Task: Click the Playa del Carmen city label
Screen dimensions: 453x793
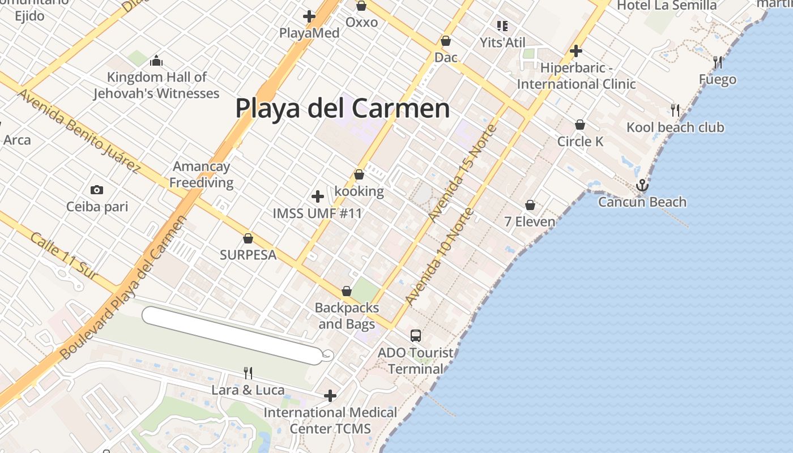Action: click(x=343, y=108)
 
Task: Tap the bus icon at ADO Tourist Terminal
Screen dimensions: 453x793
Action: click(x=416, y=335)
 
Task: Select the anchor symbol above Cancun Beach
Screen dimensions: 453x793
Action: click(x=642, y=185)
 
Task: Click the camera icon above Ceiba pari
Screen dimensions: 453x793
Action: click(x=97, y=190)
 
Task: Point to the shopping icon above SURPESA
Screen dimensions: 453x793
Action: click(x=248, y=238)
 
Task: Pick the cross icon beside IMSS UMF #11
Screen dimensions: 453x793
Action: click(x=318, y=196)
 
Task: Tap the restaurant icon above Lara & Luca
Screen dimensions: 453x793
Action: click(x=248, y=373)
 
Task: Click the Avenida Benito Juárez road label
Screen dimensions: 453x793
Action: click(x=79, y=131)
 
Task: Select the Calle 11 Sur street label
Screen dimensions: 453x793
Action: click(x=65, y=256)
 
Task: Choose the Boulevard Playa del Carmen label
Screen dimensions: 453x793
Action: click(x=123, y=288)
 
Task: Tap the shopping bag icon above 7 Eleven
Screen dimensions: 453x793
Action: click(x=530, y=204)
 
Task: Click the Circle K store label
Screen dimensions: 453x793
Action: click(x=581, y=141)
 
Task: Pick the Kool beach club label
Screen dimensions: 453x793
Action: click(x=675, y=127)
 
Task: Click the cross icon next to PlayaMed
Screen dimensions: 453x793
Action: click(x=309, y=16)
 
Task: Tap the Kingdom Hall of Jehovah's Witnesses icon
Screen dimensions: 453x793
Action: click(x=156, y=61)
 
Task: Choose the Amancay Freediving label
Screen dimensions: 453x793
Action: click(x=202, y=174)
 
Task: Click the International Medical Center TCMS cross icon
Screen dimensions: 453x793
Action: click(x=330, y=395)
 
